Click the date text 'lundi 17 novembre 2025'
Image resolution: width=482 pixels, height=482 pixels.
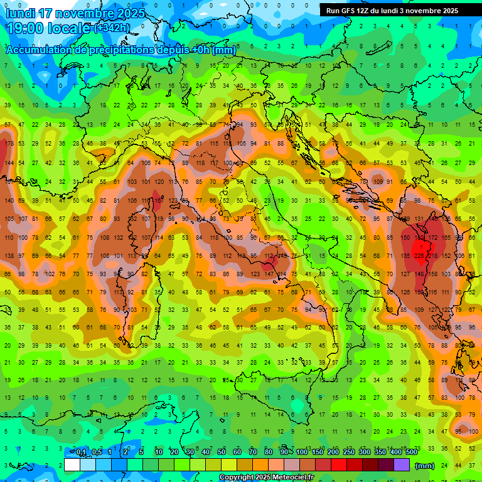pyautogui.click(x=75, y=13)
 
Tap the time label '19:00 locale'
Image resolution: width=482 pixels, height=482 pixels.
pyautogui.click(x=48, y=28)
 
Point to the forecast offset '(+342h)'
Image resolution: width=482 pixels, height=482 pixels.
pyautogui.click(x=113, y=28)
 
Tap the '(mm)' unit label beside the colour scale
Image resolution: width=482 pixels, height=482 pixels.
pyautogui.click(x=425, y=466)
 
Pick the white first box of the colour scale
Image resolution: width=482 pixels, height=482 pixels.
pyautogui.click(x=72, y=465)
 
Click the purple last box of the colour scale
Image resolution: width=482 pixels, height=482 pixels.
pyautogui.click(x=402, y=465)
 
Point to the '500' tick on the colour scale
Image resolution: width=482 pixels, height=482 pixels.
pyautogui.click(x=412, y=453)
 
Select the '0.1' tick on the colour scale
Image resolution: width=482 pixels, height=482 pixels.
pyautogui.click(x=81, y=453)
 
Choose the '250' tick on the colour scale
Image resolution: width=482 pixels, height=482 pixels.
pyautogui.click(x=349, y=453)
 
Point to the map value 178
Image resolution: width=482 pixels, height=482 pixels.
pyautogui.click(x=8, y=144)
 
